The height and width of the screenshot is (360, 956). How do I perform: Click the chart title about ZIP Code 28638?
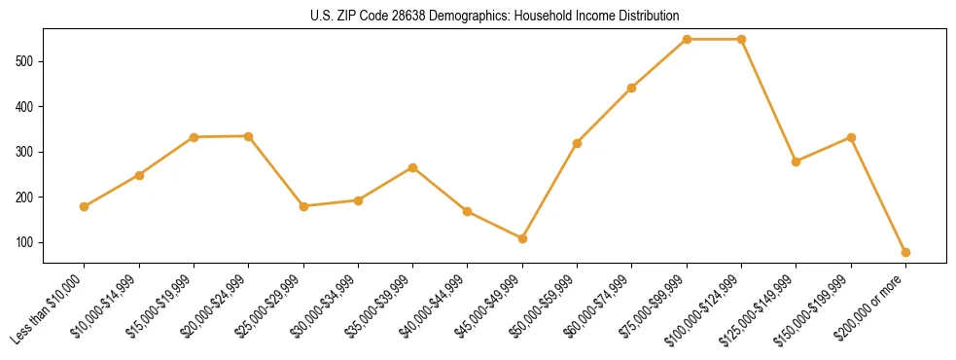click(x=494, y=16)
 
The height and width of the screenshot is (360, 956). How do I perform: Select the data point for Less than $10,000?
click(x=85, y=206)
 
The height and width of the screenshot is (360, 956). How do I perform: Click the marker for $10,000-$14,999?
click(x=139, y=175)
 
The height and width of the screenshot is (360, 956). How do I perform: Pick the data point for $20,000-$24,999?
click(x=249, y=136)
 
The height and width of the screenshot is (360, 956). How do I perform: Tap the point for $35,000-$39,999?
click(x=413, y=167)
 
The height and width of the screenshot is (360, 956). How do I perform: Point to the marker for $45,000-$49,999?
click(x=522, y=238)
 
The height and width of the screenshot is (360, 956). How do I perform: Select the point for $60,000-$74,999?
click(x=632, y=88)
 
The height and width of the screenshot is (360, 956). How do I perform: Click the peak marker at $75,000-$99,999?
click(x=687, y=39)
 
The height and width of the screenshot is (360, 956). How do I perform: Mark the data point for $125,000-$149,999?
click(x=797, y=162)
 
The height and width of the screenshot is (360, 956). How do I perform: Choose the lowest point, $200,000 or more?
click(x=905, y=252)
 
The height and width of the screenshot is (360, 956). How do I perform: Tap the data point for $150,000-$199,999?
click(x=851, y=137)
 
